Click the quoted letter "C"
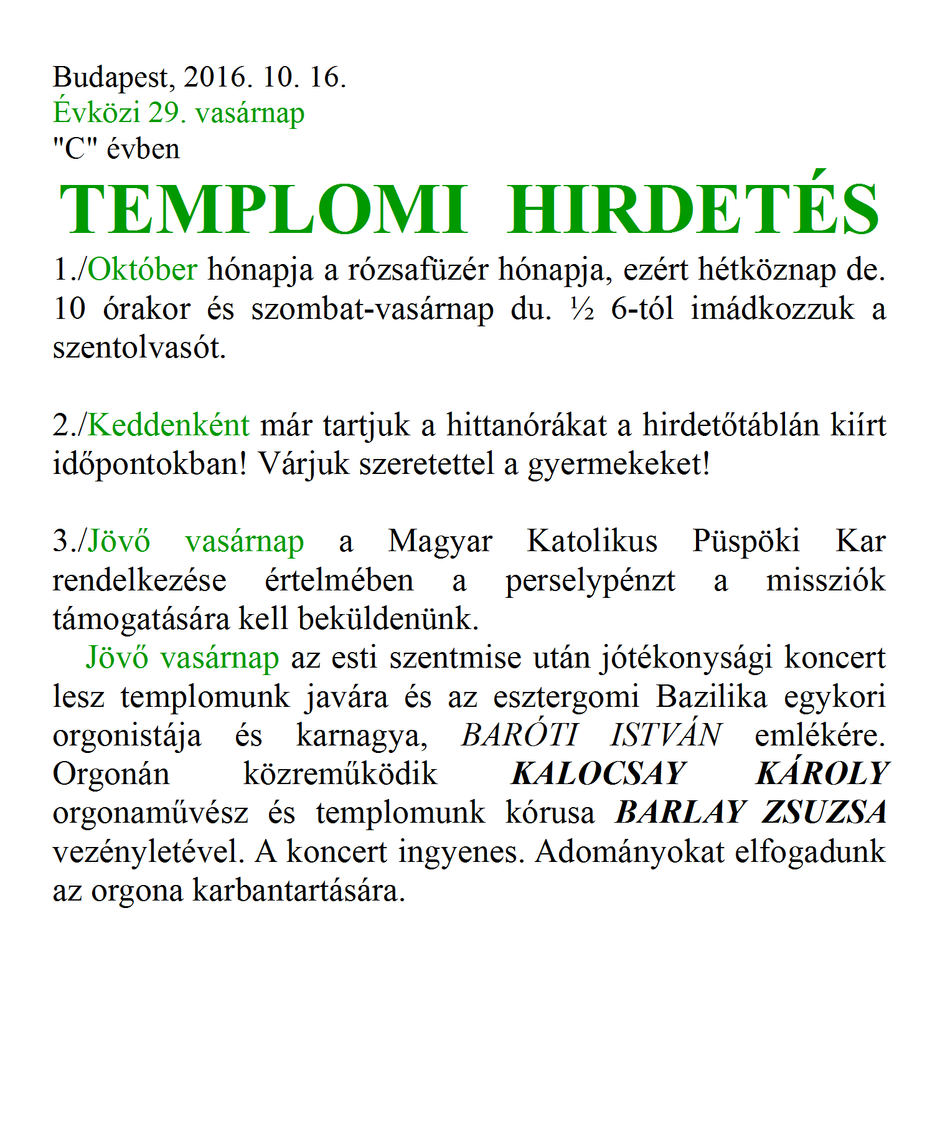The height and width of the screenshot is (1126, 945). [75, 149]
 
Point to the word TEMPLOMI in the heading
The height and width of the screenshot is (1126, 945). [263, 211]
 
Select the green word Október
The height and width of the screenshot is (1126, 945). [143, 270]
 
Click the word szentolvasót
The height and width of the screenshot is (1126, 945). [138, 348]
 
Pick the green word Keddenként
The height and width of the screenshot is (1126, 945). [169, 425]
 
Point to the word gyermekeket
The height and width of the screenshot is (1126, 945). [618, 465]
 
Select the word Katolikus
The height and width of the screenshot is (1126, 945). [592, 541]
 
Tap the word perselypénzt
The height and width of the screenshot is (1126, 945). [590, 581]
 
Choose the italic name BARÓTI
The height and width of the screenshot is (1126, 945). [520, 736]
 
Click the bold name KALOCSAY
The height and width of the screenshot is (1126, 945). [598, 774]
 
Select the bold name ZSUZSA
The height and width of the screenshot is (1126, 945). [825, 813]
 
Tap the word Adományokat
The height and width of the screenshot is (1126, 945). [629, 852]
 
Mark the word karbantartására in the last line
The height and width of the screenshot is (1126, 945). [298, 891]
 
